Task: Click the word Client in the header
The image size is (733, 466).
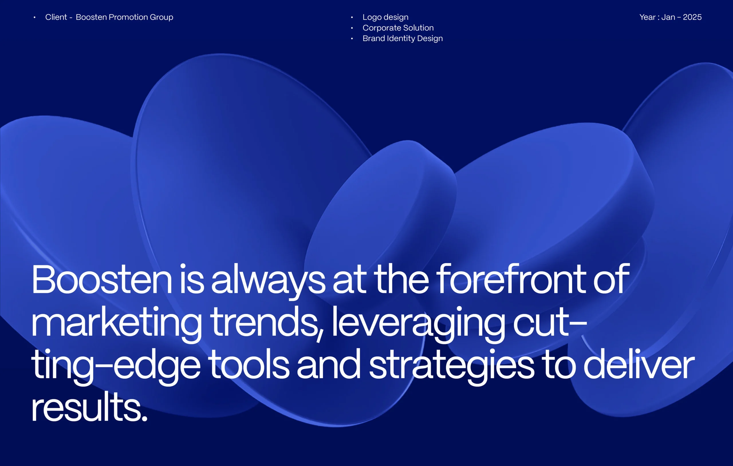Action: pos(56,17)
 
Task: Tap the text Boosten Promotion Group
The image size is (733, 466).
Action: pos(125,17)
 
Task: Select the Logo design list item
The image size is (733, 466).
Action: pos(385,17)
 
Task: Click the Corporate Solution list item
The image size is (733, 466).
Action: pos(398,28)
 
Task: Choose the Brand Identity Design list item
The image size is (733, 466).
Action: pos(403,38)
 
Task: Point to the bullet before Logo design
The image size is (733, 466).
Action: pos(352,17)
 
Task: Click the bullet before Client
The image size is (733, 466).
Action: pos(35,17)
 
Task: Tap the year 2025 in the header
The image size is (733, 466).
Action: pos(692,17)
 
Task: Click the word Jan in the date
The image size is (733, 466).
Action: pos(668,17)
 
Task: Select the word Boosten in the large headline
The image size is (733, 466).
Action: pos(102,279)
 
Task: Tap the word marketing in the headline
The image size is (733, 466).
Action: pos(116,324)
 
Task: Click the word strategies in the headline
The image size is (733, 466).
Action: pos(452,366)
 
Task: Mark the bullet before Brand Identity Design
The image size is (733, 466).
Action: pos(352,39)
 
